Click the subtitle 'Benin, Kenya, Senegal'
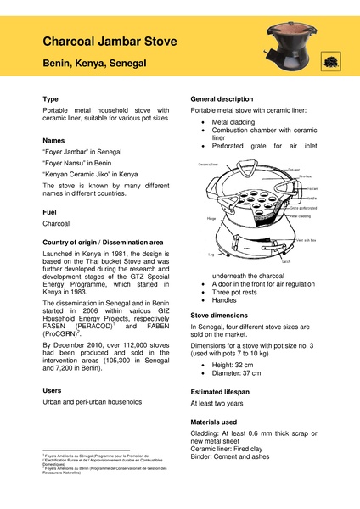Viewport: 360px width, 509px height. pos(96,64)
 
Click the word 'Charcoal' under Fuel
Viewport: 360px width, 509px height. pos(57,225)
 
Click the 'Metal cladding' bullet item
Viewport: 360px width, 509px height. pos(233,122)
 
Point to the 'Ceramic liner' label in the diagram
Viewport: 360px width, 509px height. pos(208,164)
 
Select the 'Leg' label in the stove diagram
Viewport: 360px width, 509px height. pos(211,254)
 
